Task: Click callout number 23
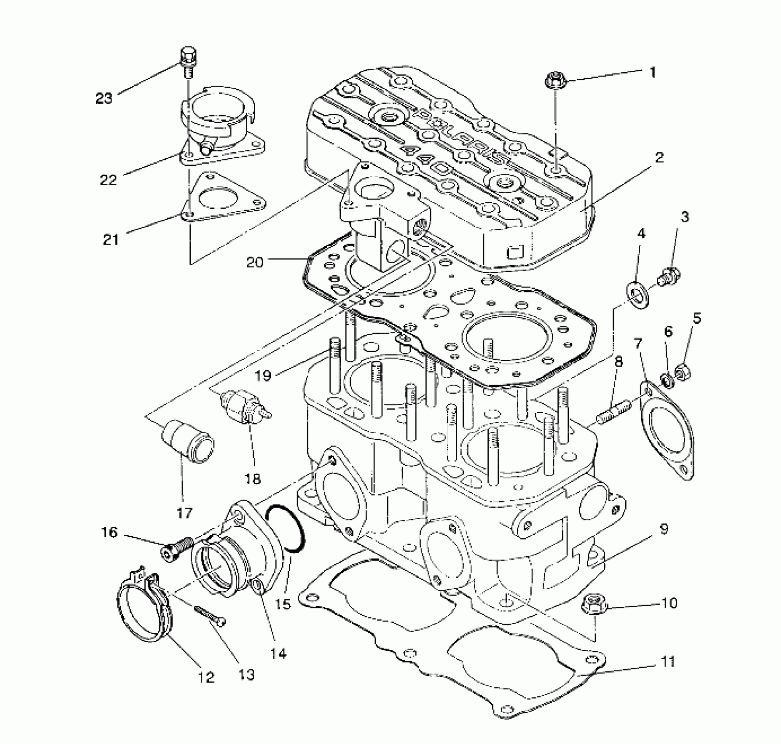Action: (104, 98)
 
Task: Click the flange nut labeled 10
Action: (594, 605)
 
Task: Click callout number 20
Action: (256, 263)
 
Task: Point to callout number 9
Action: (664, 529)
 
